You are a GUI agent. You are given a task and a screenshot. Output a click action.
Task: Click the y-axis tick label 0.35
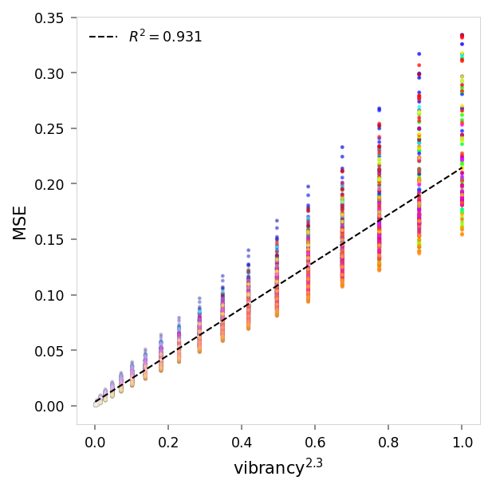(x=51, y=18)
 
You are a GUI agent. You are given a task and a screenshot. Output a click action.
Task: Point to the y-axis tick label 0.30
(x=51, y=73)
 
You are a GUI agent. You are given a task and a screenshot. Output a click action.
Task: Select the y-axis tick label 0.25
(x=51, y=128)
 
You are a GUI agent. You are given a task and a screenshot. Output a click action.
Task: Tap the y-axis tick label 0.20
(x=51, y=184)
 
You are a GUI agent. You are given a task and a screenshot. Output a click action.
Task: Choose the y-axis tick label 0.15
(x=51, y=239)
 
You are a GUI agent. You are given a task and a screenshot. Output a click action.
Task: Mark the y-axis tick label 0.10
(x=51, y=295)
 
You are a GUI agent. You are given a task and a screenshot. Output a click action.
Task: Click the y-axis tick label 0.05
(x=51, y=350)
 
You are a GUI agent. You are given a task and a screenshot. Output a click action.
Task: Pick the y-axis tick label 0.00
(x=51, y=406)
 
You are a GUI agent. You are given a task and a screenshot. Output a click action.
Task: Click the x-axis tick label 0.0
(x=95, y=441)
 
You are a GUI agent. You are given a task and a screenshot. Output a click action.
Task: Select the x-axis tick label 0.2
(x=168, y=441)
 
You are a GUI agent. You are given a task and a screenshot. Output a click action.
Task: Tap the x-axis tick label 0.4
(x=242, y=441)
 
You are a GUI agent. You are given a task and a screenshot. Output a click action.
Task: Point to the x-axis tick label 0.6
(x=315, y=441)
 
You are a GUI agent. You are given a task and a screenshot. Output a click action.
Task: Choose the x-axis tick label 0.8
(x=388, y=441)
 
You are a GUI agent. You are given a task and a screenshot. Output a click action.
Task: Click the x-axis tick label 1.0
(x=462, y=441)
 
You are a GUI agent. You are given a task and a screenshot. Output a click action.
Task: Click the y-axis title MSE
(x=20, y=222)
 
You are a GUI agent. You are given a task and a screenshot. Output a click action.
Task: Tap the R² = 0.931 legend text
(x=165, y=37)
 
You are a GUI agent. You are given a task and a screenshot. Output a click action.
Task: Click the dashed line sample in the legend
(x=103, y=37)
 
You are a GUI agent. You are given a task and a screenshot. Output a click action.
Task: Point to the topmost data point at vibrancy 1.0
(x=462, y=35)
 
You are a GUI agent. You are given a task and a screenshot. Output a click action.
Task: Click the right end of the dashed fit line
(x=462, y=167)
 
